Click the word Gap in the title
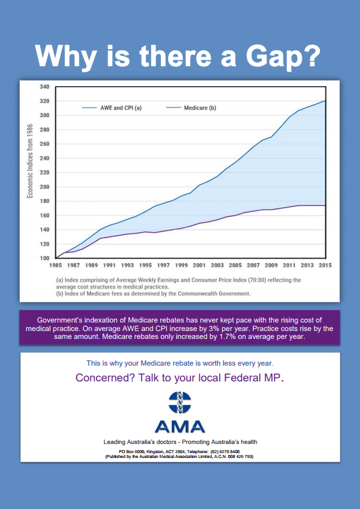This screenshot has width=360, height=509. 283,56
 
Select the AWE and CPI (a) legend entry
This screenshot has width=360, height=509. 112,108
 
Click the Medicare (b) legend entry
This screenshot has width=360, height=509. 191,108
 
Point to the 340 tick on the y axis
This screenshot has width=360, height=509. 44,87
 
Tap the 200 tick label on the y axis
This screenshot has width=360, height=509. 44,186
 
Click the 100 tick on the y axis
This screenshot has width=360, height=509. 44,258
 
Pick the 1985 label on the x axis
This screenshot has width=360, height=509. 55,265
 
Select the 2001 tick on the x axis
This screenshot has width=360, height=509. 199,265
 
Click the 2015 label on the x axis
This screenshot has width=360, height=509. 325,265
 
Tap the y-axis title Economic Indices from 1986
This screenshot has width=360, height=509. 30,161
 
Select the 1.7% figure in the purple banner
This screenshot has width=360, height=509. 227,336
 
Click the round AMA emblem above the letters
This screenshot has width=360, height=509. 180,403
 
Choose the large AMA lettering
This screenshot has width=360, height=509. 180,426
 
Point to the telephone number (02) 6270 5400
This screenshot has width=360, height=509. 225,451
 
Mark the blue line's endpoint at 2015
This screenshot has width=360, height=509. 325,101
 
